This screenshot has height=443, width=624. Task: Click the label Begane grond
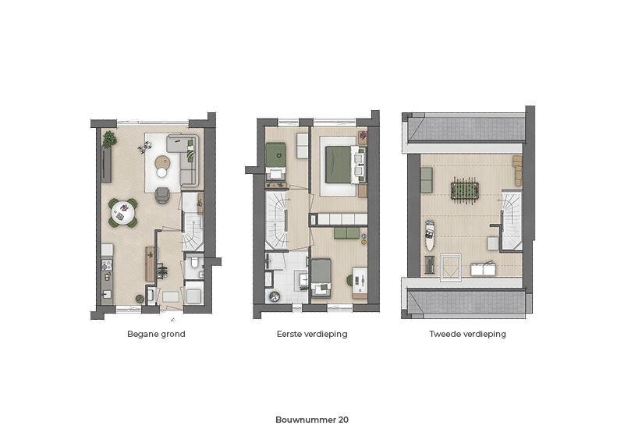tap(156, 334)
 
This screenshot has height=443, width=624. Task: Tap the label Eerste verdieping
tap(312, 334)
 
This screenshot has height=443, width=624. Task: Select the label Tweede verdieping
tap(467, 334)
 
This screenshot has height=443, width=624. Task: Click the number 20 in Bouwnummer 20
tap(343, 420)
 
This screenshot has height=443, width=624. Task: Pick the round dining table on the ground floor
tap(123, 213)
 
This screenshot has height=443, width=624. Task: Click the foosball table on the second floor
tap(465, 190)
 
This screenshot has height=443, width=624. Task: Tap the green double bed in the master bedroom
tap(339, 165)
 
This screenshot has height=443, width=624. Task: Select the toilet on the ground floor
tap(194, 263)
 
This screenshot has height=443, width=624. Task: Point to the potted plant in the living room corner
tap(109, 140)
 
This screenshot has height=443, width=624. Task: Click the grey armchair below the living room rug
tap(162, 195)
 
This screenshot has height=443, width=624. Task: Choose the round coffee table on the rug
tap(162, 162)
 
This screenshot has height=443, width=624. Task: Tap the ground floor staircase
tap(193, 235)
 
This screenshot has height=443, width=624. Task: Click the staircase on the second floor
tap(512, 220)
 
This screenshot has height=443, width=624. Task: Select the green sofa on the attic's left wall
tap(426, 180)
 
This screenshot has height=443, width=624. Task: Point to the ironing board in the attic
tap(430, 235)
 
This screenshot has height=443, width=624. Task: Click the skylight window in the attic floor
tap(451, 268)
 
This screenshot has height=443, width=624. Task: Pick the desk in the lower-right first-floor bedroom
tap(360, 282)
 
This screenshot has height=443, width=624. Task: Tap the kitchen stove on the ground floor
tap(106, 264)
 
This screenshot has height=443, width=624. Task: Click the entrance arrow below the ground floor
tap(173, 319)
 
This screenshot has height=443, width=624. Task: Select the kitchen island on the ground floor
tap(150, 264)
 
